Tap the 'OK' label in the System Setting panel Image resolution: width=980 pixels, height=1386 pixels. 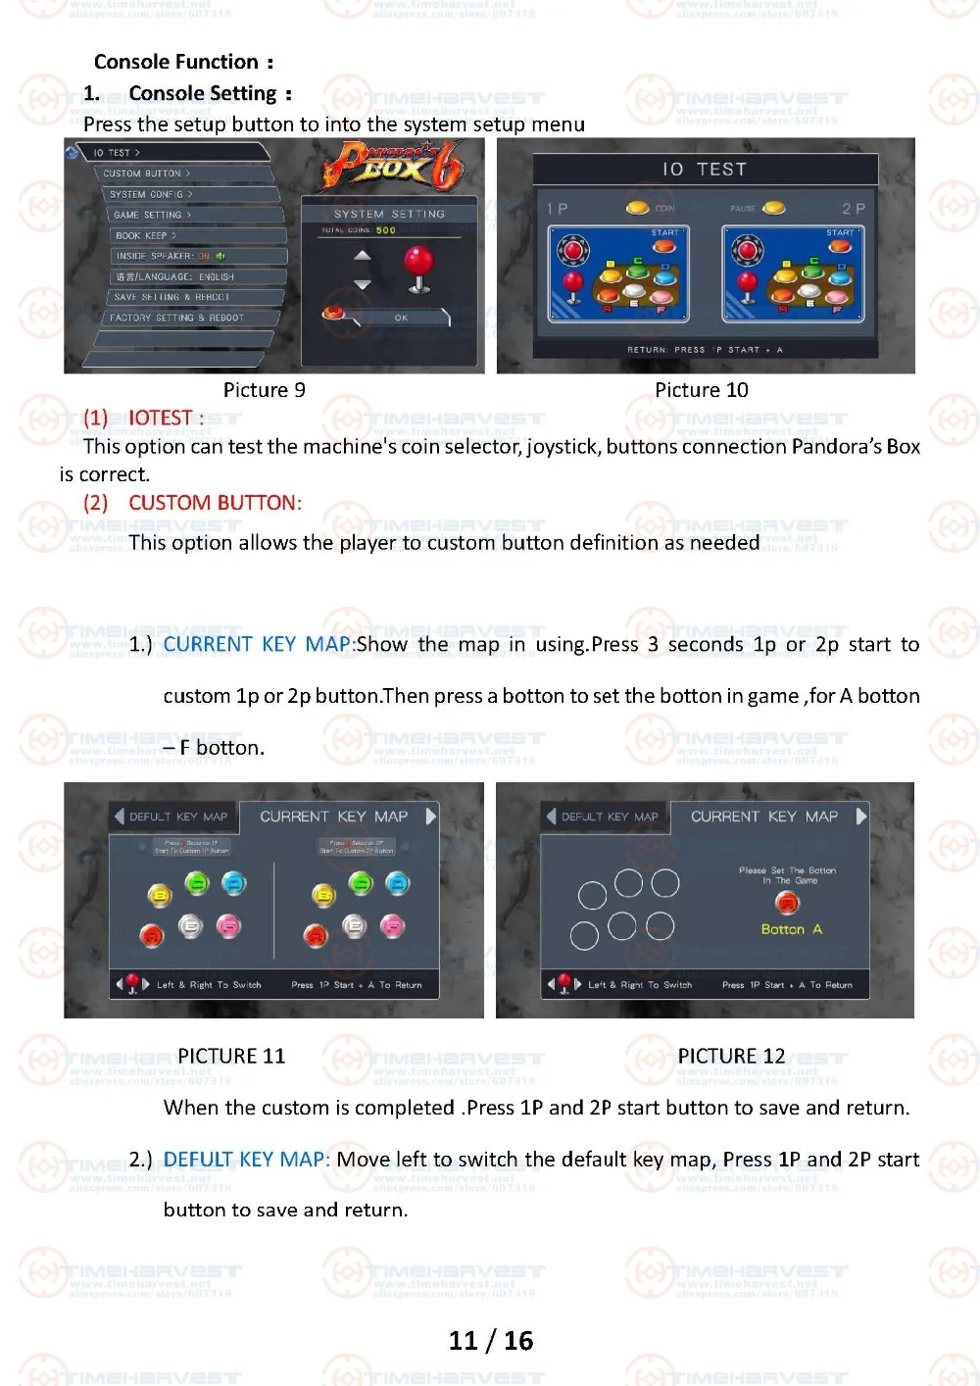click(401, 318)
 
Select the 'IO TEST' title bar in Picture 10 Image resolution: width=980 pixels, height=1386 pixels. click(705, 170)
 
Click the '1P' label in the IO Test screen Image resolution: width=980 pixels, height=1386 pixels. click(558, 209)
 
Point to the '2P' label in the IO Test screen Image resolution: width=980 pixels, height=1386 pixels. click(853, 209)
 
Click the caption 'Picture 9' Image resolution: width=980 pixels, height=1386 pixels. click(264, 390)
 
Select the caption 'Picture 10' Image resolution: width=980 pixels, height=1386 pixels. click(701, 390)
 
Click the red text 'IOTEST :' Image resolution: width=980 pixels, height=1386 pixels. click(166, 419)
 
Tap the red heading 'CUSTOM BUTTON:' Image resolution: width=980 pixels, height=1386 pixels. click(215, 503)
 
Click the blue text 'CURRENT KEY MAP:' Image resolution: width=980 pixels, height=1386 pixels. click(257, 644)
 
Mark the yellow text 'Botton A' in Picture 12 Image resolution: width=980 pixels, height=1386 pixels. click(791, 929)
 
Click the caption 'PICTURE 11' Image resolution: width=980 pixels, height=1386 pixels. click(231, 1056)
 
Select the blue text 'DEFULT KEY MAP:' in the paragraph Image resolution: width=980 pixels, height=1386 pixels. click(246, 1160)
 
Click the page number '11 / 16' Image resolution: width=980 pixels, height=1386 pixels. click(490, 1340)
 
